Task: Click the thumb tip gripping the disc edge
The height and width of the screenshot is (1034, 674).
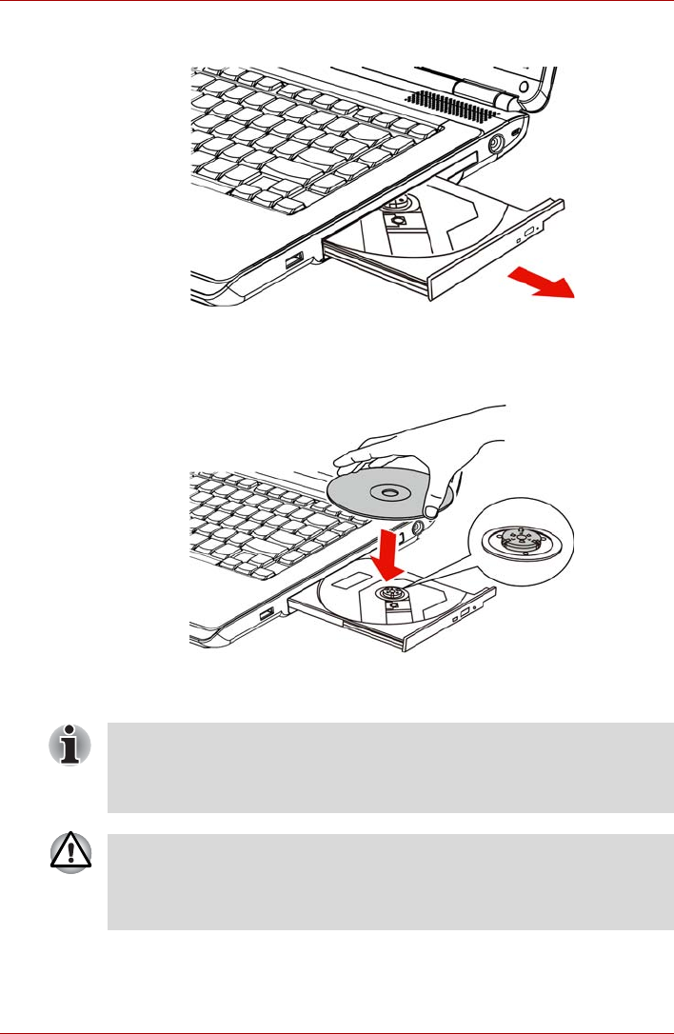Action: [x=433, y=512]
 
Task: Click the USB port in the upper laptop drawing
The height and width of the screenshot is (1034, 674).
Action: [x=292, y=259]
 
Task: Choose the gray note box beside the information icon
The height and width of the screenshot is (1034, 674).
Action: [x=390, y=766]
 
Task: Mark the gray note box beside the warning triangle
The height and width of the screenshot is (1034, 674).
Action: [x=390, y=883]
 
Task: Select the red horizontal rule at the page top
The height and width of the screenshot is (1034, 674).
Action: [x=337, y=2]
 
